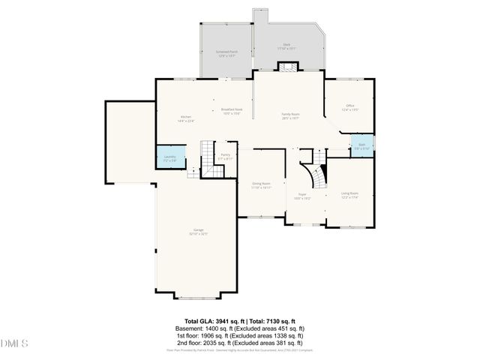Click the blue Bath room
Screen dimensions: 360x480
click(361, 145)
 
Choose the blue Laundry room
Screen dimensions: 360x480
click(169, 157)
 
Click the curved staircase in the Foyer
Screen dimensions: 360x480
click(316, 175)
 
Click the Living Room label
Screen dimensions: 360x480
click(349, 195)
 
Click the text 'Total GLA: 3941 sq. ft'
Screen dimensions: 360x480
click(207, 320)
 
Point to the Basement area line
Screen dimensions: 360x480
click(239, 328)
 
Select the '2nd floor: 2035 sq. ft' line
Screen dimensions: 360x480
click(239, 343)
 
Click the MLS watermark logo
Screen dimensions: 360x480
click(13, 344)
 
